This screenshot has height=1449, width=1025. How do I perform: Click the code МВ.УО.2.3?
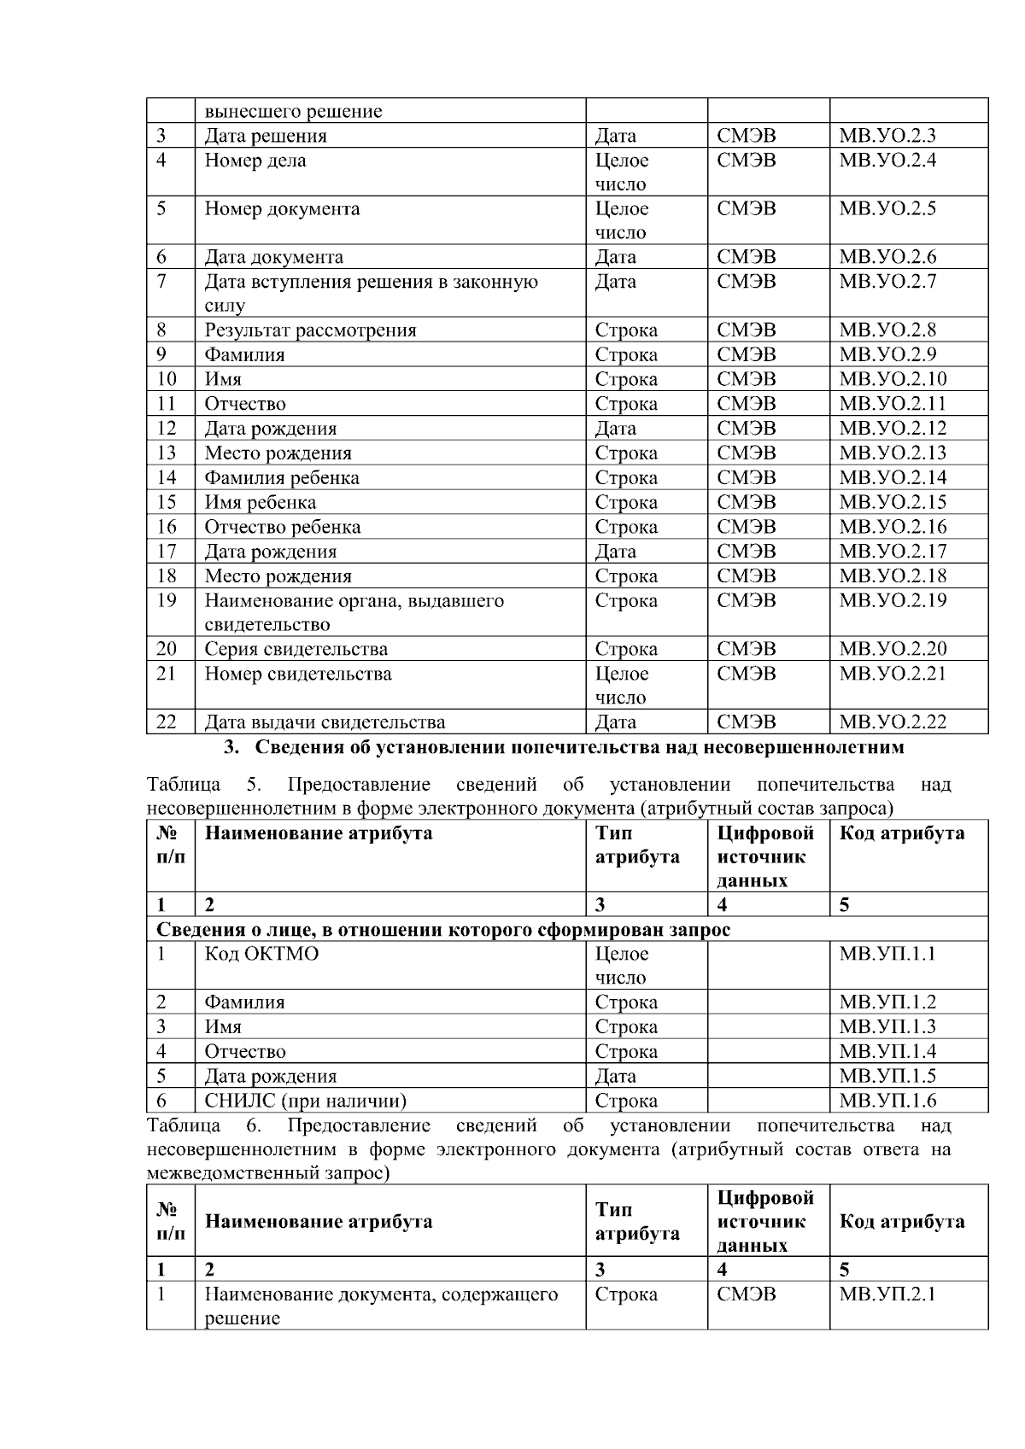pyautogui.click(x=887, y=136)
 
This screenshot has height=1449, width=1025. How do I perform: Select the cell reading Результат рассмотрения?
pyautogui.click(x=310, y=330)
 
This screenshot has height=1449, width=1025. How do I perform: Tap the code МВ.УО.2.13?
pyautogui.click(x=892, y=453)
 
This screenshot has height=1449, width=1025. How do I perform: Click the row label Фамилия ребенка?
pyautogui.click(x=281, y=478)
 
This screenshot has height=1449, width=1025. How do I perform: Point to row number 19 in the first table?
pyautogui.click(x=167, y=601)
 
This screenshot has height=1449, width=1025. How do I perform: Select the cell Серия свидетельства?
pyautogui.click(x=296, y=649)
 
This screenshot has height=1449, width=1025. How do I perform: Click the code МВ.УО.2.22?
pyautogui.click(x=892, y=722)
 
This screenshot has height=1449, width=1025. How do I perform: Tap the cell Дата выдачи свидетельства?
pyautogui.click(x=325, y=722)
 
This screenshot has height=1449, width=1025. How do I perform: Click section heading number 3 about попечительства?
pyautogui.click(x=564, y=748)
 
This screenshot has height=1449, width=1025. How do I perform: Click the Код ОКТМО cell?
pyautogui.click(x=261, y=954)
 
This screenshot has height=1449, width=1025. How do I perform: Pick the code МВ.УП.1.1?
pyautogui.click(x=887, y=954)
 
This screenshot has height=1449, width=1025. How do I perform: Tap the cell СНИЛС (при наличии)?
pyautogui.click(x=305, y=1101)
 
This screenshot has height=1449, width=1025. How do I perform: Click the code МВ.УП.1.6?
pyautogui.click(x=887, y=1101)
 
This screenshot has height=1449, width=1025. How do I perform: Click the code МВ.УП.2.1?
pyautogui.click(x=887, y=1294)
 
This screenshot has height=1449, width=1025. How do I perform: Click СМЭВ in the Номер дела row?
pyautogui.click(x=747, y=161)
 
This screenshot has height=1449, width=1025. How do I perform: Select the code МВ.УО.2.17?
pyautogui.click(x=892, y=552)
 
